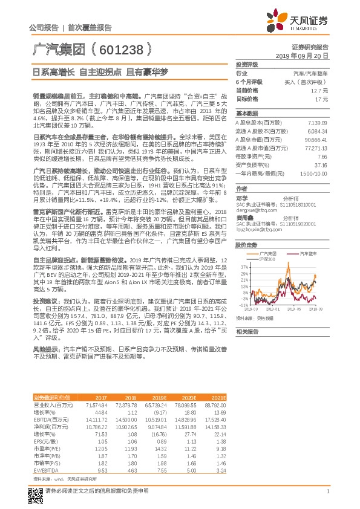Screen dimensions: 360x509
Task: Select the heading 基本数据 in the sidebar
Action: tap(246, 114)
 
